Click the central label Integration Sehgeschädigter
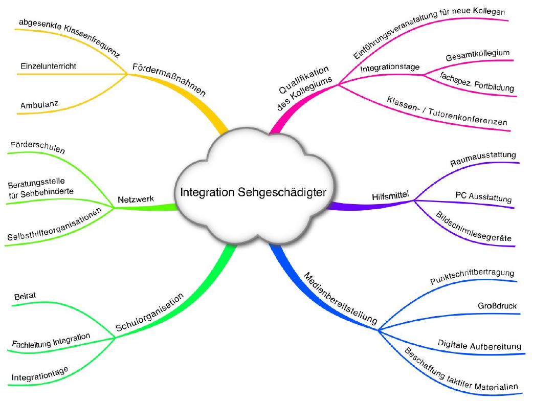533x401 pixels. tap(253, 192)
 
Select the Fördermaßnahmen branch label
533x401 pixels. tap(169, 80)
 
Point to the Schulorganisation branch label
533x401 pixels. tap(149, 311)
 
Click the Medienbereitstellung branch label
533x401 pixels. tap(341, 299)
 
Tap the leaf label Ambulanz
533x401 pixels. tap(39, 105)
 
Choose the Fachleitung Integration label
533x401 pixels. tap(51, 341)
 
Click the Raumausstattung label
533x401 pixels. tap(483, 158)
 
